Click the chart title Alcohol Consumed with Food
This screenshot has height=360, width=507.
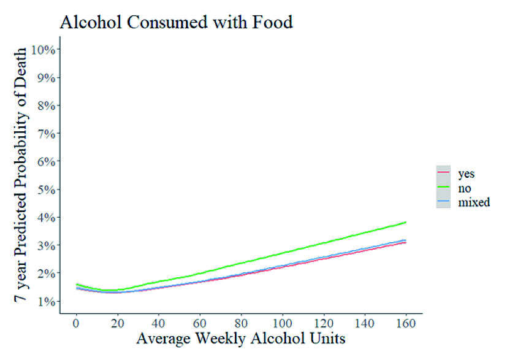176,23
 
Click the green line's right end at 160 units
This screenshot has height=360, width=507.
404,223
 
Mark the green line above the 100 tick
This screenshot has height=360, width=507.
281,253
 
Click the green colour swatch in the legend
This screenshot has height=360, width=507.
443,187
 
